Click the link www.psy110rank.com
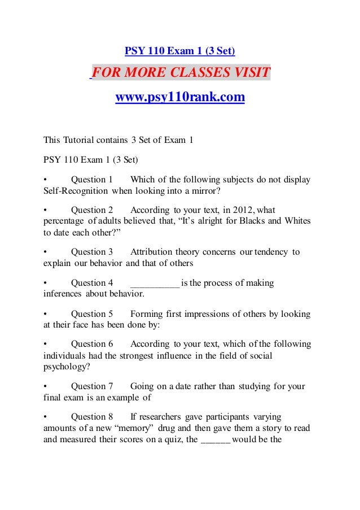click(180, 98)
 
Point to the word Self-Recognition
click(76, 190)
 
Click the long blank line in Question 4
click(155, 283)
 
